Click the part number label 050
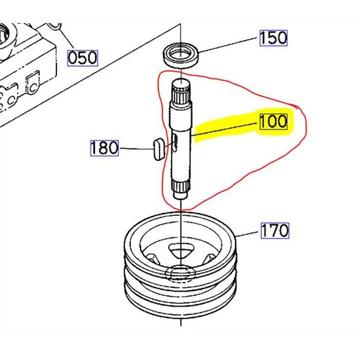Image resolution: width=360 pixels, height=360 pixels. pos(82,58)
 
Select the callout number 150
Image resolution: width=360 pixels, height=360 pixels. pos(274,37)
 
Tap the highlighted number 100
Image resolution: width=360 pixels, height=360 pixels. pos(273,121)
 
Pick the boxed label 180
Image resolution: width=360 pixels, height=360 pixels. pos(105,148)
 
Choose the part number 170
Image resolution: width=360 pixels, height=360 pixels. pos(275,230)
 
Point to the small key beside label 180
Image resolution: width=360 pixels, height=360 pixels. pos(157,148)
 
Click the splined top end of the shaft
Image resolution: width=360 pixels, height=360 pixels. pos(181,92)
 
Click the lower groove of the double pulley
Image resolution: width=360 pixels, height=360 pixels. pos(181,295)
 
